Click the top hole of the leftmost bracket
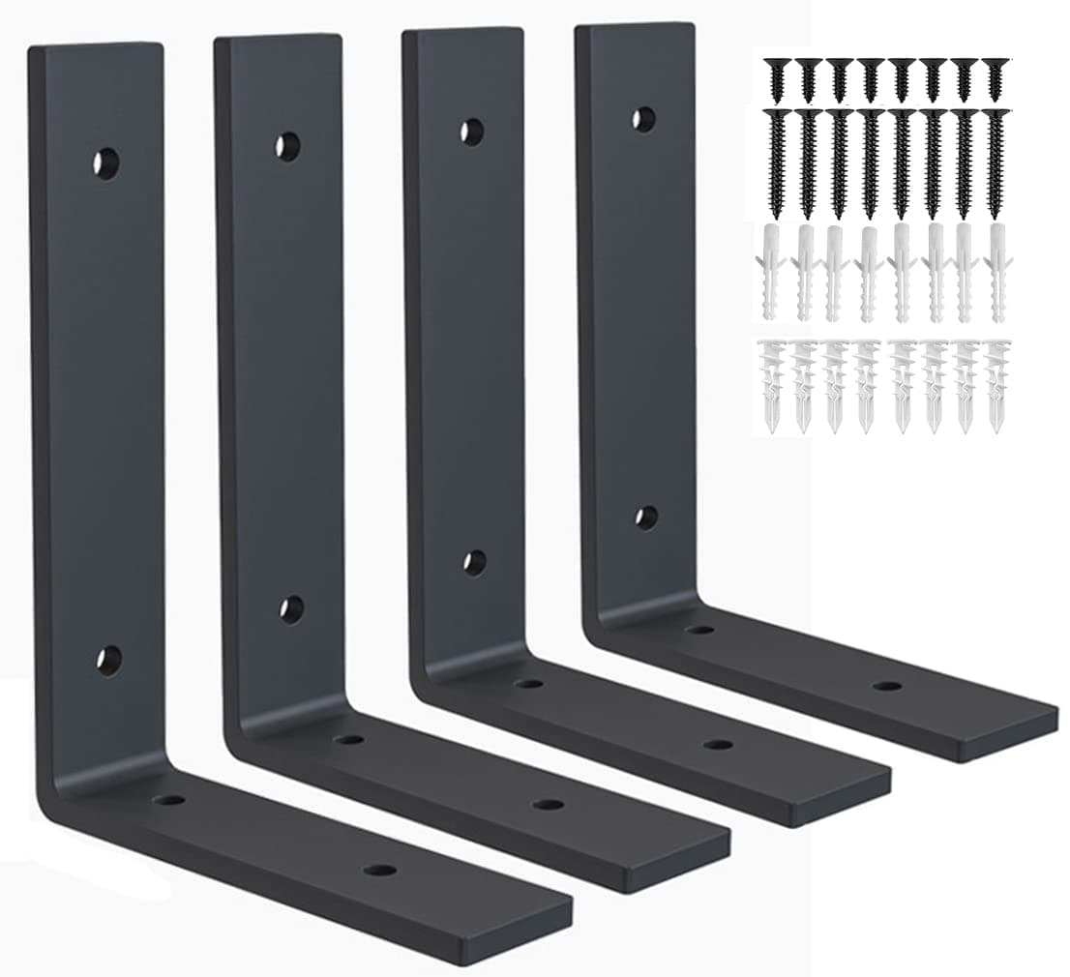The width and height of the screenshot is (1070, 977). pyautogui.click(x=106, y=163)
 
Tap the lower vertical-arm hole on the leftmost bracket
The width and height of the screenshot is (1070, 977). pyautogui.click(x=108, y=661)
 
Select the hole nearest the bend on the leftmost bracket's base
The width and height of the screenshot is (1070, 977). pyautogui.click(x=171, y=801)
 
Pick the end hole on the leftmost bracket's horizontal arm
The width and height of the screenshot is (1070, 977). pyautogui.click(x=380, y=870)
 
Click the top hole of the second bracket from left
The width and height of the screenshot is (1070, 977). pyautogui.click(x=286, y=147)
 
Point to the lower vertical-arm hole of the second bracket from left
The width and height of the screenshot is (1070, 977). pyautogui.click(x=290, y=609)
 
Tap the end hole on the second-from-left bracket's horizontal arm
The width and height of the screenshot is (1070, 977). pyautogui.click(x=549, y=805)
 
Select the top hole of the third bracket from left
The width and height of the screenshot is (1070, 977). pyautogui.click(x=472, y=133)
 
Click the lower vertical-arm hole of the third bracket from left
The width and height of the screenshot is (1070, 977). pyautogui.click(x=474, y=563)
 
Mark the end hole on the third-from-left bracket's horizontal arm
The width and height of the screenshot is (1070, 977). pyautogui.click(x=717, y=744)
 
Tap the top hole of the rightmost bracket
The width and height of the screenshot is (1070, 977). pyautogui.click(x=643, y=119)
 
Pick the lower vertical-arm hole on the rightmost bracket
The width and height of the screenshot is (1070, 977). pyautogui.click(x=646, y=518)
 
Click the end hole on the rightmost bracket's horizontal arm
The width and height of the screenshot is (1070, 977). pyautogui.click(x=887, y=686)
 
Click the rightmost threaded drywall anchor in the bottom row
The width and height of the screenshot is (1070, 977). pyautogui.click(x=996, y=385)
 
